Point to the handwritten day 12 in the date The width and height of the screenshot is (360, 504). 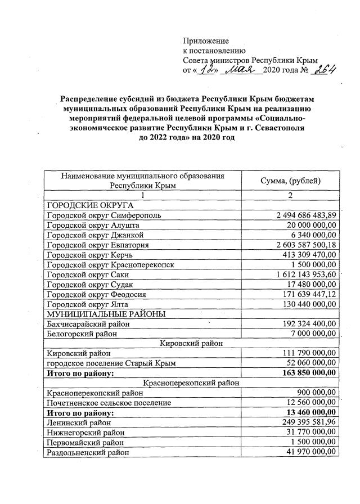pyautogui.click(x=209, y=70)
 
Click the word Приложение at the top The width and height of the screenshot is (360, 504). pyautogui.click(x=206, y=40)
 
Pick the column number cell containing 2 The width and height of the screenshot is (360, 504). pyautogui.click(x=290, y=195)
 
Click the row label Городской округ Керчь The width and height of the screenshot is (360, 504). pyautogui.click(x=93, y=254)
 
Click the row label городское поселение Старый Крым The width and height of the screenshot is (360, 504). pyautogui.click(x=112, y=363)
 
